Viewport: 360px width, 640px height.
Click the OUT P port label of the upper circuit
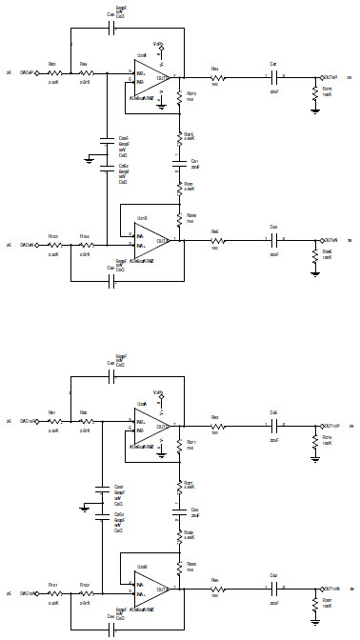(332, 77)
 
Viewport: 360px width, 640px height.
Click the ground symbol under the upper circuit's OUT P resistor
(315, 110)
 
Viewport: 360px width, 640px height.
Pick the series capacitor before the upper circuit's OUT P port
(274, 77)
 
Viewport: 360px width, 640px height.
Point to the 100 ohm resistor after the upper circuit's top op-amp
(214, 77)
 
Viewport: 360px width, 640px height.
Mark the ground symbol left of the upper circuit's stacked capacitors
(89, 162)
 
